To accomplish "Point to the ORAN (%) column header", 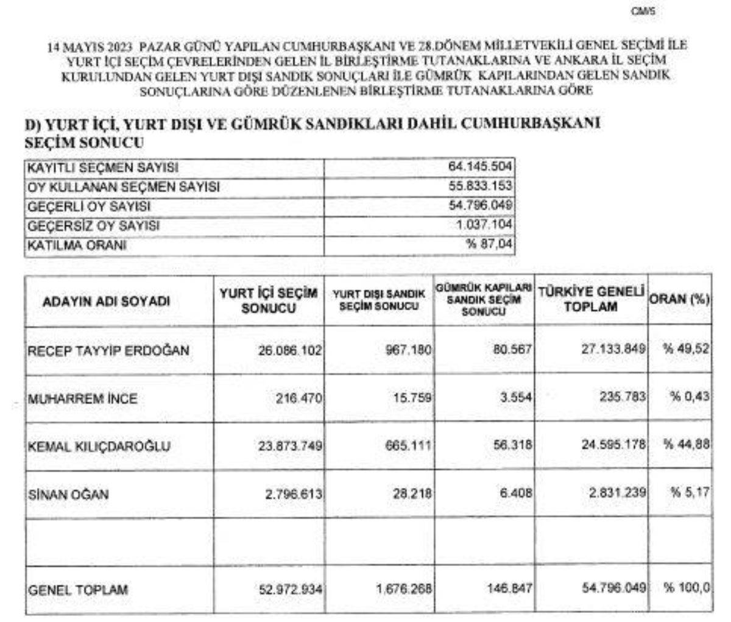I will (680, 300).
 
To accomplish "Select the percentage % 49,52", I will (687, 350).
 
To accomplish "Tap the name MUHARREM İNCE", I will (83, 399).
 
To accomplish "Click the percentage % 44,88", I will (687, 445).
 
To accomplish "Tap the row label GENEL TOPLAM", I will (79, 590).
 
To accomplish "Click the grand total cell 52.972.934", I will (288, 590).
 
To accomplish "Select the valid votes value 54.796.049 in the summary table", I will (481, 206).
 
